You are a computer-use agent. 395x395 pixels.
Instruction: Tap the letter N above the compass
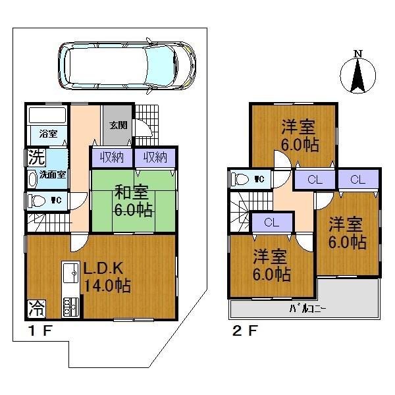357,54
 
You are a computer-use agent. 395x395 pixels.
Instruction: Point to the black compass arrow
357,76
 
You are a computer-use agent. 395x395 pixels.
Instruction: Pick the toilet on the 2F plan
241,178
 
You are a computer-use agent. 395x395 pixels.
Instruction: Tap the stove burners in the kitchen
69,305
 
